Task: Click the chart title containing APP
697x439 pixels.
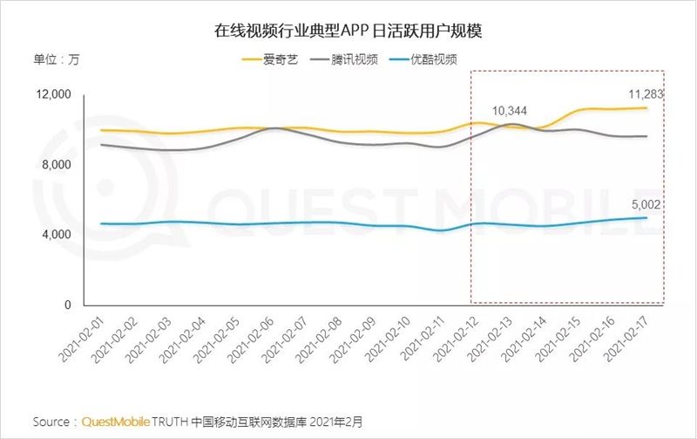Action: pos(348,31)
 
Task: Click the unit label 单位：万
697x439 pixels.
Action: pos(56,60)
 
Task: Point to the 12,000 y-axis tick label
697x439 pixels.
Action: pos(55,94)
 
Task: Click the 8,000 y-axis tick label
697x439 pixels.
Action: pos(58,165)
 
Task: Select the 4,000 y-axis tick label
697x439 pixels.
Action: pos(58,235)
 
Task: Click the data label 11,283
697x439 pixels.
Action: pos(646,93)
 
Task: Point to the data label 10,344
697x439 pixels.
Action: pos(510,111)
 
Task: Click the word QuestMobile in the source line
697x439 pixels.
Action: pos(115,422)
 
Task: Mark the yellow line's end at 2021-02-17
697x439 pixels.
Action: pos(646,108)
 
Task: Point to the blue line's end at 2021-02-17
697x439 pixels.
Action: pos(646,218)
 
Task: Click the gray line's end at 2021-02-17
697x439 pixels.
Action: pos(646,136)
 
